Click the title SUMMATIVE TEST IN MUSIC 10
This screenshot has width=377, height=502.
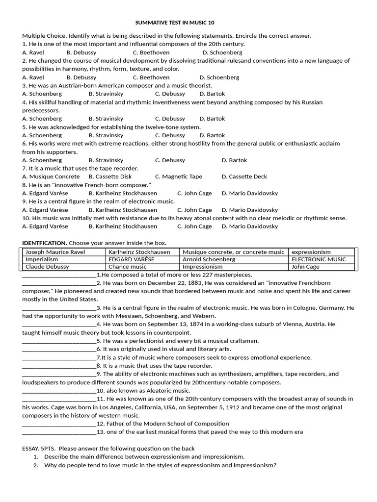pos(175,23)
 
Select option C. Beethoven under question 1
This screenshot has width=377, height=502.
pos(151,52)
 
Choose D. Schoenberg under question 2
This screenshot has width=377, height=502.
pos(219,77)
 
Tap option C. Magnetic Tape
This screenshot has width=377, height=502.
pos(179,176)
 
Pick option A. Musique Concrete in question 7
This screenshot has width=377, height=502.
pos(51,176)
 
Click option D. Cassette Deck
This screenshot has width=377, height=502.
pos(244,176)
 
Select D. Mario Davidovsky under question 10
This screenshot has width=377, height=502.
pos(250,226)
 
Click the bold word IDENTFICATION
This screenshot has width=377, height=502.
pos(45,243)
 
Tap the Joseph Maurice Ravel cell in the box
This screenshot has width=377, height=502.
pos(55,252)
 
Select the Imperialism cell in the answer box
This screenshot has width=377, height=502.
pos(42,259)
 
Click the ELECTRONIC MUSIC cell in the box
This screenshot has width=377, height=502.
pos(319,259)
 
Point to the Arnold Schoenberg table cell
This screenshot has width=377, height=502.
pos(209,259)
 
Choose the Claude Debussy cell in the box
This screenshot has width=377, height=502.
pos(47,267)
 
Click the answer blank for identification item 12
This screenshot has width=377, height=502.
pos(59,424)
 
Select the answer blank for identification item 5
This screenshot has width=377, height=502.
pos(59,341)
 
